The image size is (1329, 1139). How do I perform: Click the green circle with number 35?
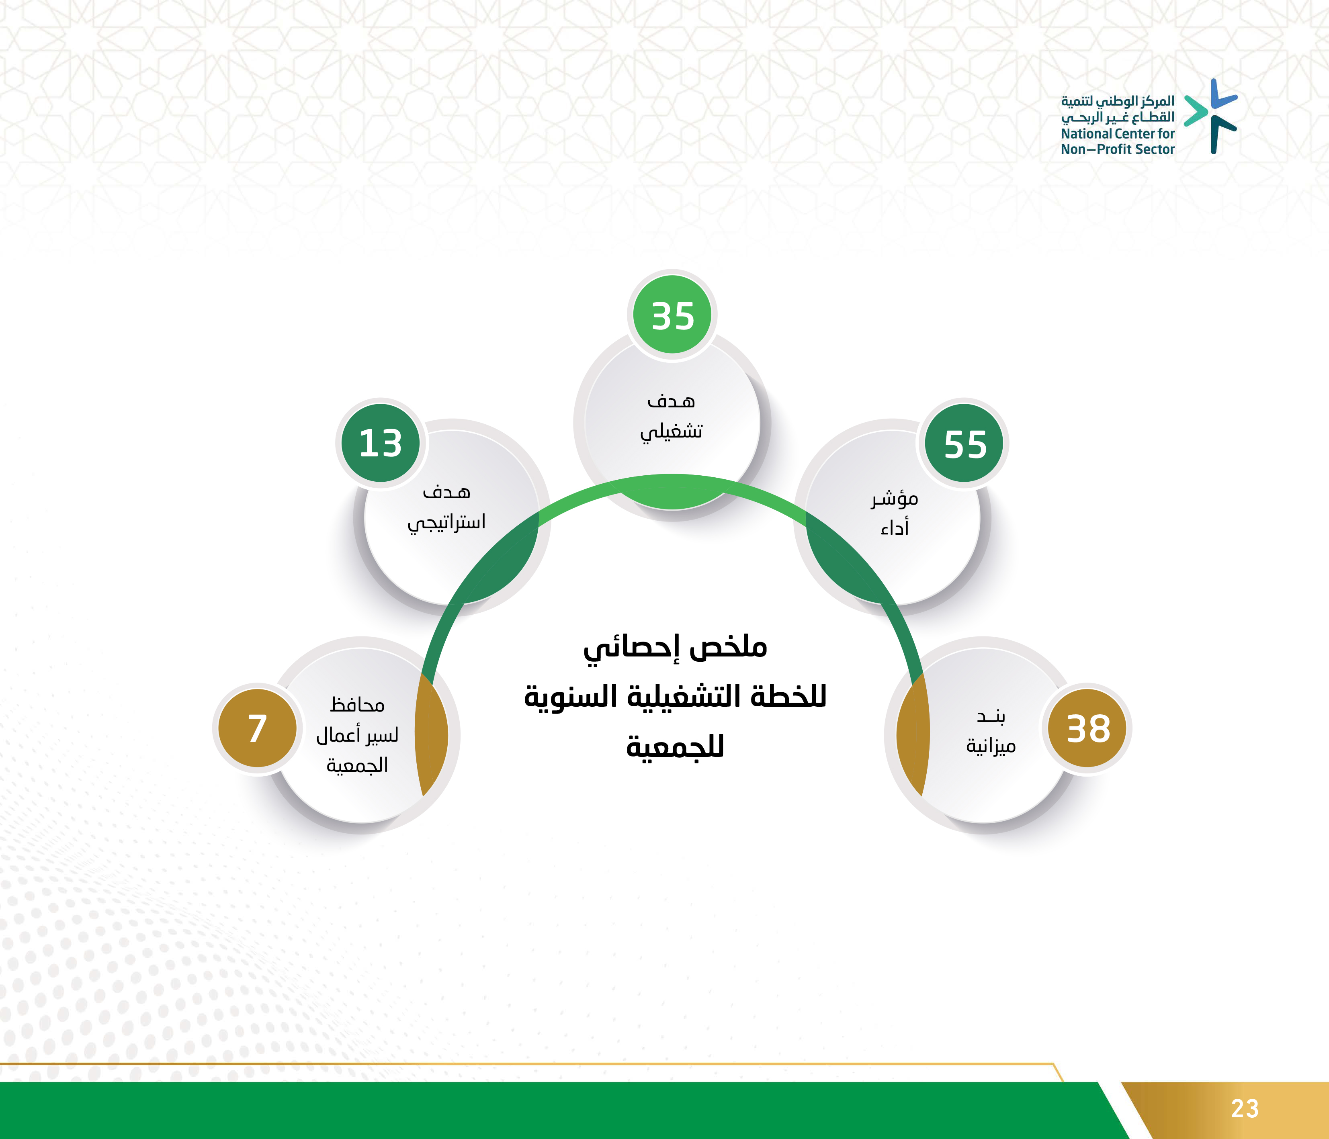click(672, 315)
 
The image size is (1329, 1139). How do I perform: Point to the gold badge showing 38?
click(1088, 728)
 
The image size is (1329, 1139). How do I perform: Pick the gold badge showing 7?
click(257, 728)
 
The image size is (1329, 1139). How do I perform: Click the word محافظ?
click(357, 705)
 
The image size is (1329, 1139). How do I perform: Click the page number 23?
click(1245, 1108)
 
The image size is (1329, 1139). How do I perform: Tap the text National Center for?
click(1117, 133)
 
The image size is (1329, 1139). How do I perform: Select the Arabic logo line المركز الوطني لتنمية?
click(1117, 101)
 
